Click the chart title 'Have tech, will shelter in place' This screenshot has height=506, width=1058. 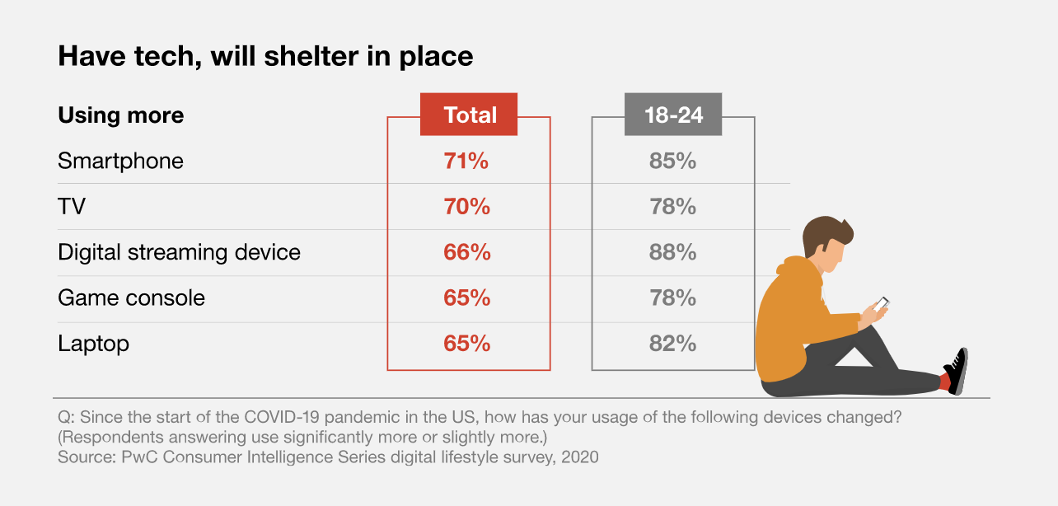(x=265, y=56)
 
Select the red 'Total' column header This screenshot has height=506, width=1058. (x=469, y=115)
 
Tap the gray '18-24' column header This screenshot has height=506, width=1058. (x=673, y=115)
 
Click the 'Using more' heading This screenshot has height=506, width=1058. (x=121, y=115)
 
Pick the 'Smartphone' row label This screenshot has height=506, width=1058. (x=120, y=161)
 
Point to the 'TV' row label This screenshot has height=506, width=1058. (x=72, y=207)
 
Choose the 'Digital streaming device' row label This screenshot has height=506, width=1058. (x=179, y=252)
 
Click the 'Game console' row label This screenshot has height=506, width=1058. (x=131, y=298)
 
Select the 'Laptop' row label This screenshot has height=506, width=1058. (x=93, y=344)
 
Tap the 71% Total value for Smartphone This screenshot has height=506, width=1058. (x=466, y=161)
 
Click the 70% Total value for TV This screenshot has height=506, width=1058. (x=466, y=207)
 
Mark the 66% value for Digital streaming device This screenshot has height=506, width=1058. (x=466, y=252)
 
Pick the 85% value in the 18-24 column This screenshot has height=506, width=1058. (x=672, y=161)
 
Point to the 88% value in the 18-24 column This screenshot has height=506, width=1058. (x=672, y=252)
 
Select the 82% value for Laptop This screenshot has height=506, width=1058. (x=672, y=344)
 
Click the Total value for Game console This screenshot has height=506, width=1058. (x=466, y=298)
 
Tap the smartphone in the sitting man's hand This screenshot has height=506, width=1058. (x=881, y=304)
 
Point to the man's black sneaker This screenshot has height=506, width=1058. (x=957, y=370)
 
